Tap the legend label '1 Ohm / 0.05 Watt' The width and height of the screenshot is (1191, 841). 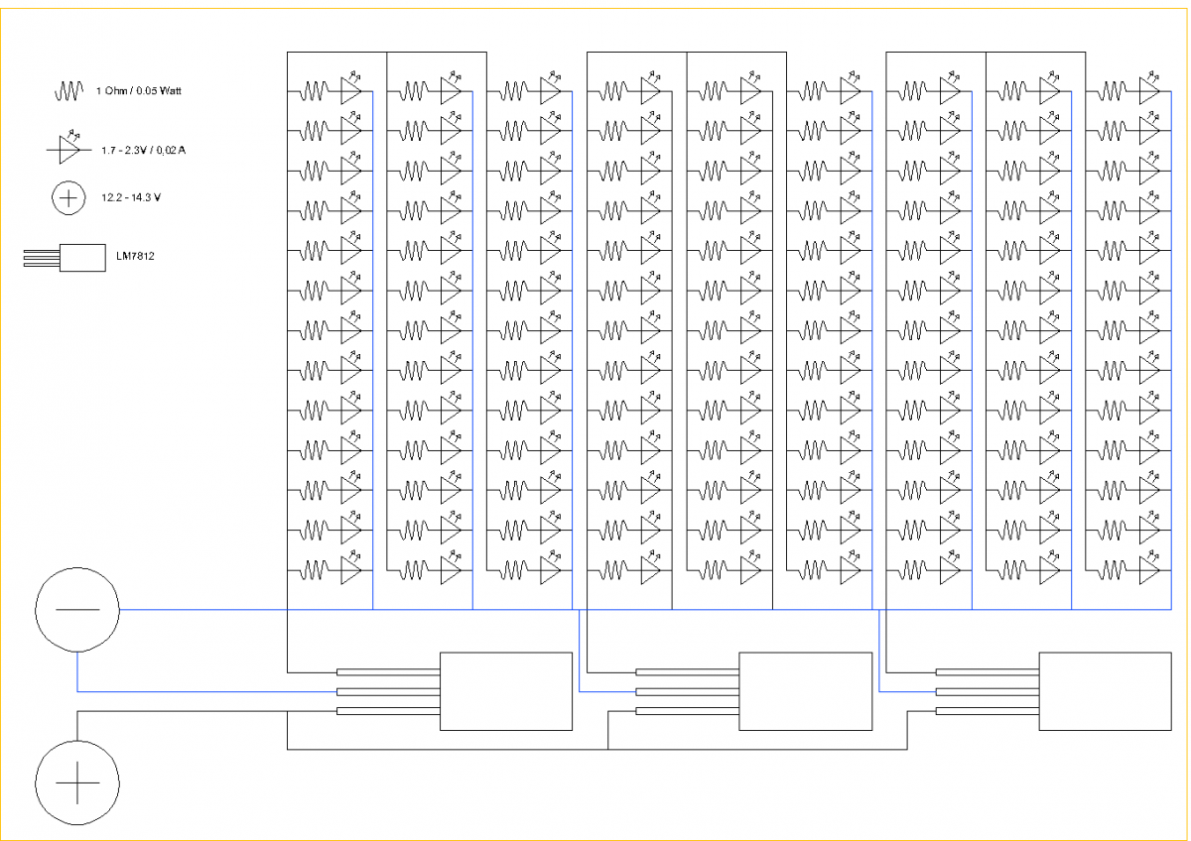pyautogui.click(x=139, y=91)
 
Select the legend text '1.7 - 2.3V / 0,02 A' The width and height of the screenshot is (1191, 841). pyautogui.click(x=144, y=151)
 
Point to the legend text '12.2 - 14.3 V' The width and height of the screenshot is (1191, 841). pyautogui.click(x=131, y=197)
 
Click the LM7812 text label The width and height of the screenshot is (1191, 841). pyautogui.click(x=135, y=256)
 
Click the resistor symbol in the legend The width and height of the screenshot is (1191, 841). pyautogui.click(x=69, y=91)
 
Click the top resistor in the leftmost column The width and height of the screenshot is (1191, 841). pyautogui.click(x=315, y=91)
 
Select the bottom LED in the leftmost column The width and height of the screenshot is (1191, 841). pyautogui.click(x=352, y=567)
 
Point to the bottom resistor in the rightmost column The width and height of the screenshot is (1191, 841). pyautogui.click(x=1113, y=570)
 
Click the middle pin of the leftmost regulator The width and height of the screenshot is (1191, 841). pyautogui.click(x=389, y=691)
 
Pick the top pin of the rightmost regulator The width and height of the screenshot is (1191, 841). pyautogui.click(x=988, y=672)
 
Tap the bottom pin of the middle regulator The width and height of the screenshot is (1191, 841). pyautogui.click(x=688, y=711)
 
